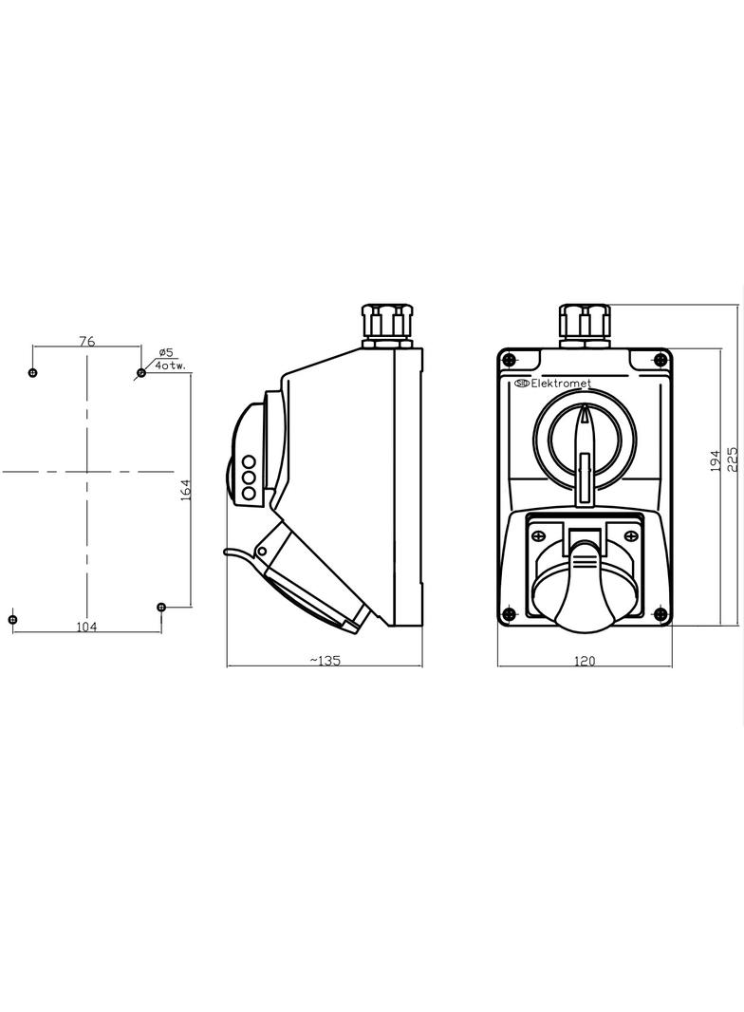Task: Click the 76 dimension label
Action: pyautogui.click(x=87, y=341)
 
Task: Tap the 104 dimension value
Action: pyautogui.click(x=86, y=626)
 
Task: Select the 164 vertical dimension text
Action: pyautogui.click(x=185, y=489)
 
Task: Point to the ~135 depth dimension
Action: pyautogui.click(x=325, y=660)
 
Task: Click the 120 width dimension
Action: pyautogui.click(x=585, y=660)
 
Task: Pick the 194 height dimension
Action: pyautogui.click(x=715, y=460)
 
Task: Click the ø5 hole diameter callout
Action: pyautogui.click(x=165, y=353)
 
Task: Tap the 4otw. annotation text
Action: pyautogui.click(x=171, y=365)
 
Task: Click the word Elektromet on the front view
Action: pyautogui.click(x=560, y=384)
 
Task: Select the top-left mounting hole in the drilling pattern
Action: pyautogui.click(x=33, y=373)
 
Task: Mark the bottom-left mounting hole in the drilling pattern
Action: pyautogui.click(x=12, y=620)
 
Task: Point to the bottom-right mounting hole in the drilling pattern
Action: pyautogui.click(x=161, y=606)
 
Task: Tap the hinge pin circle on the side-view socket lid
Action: pyautogui.click(x=262, y=550)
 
